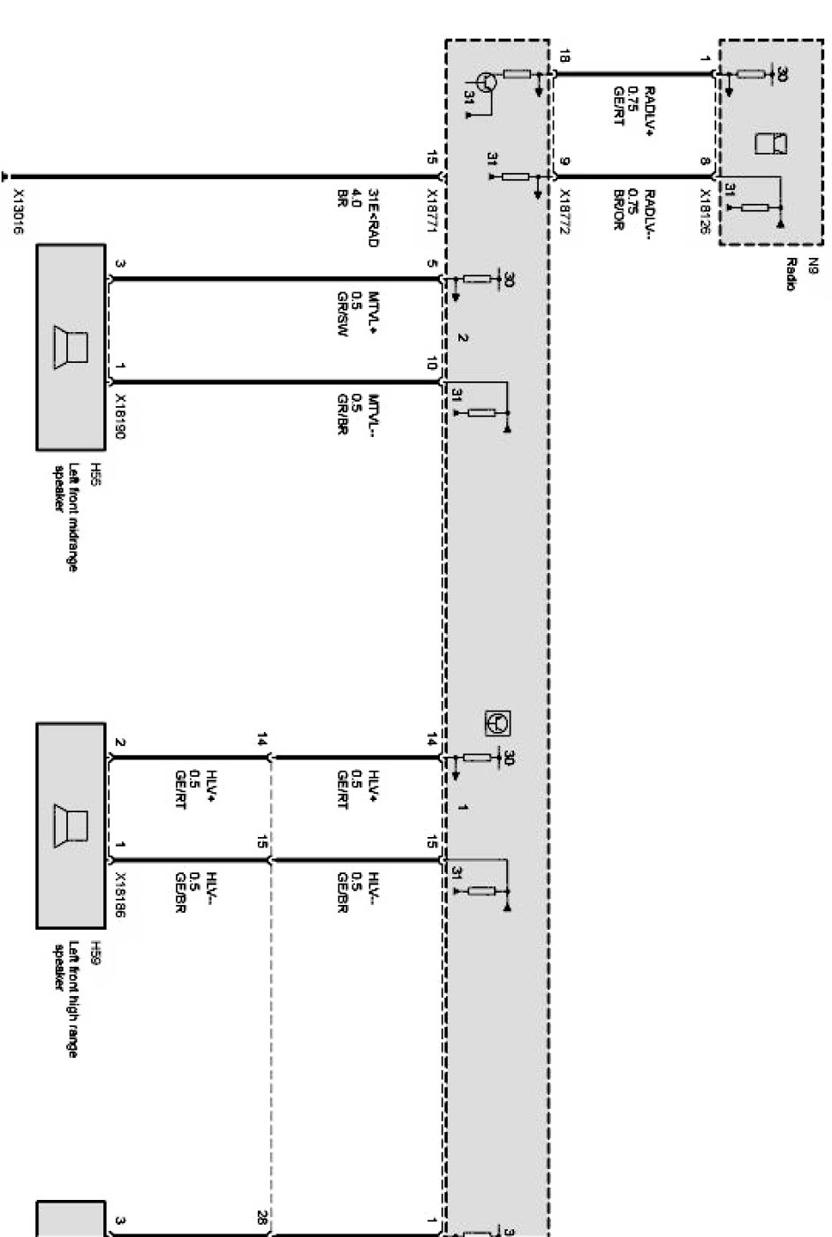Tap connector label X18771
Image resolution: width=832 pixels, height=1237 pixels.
coord(432,209)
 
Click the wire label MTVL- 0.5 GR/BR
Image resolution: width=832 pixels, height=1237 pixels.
coord(358,414)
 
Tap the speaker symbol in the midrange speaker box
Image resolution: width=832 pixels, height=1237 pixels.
coord(72,345)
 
